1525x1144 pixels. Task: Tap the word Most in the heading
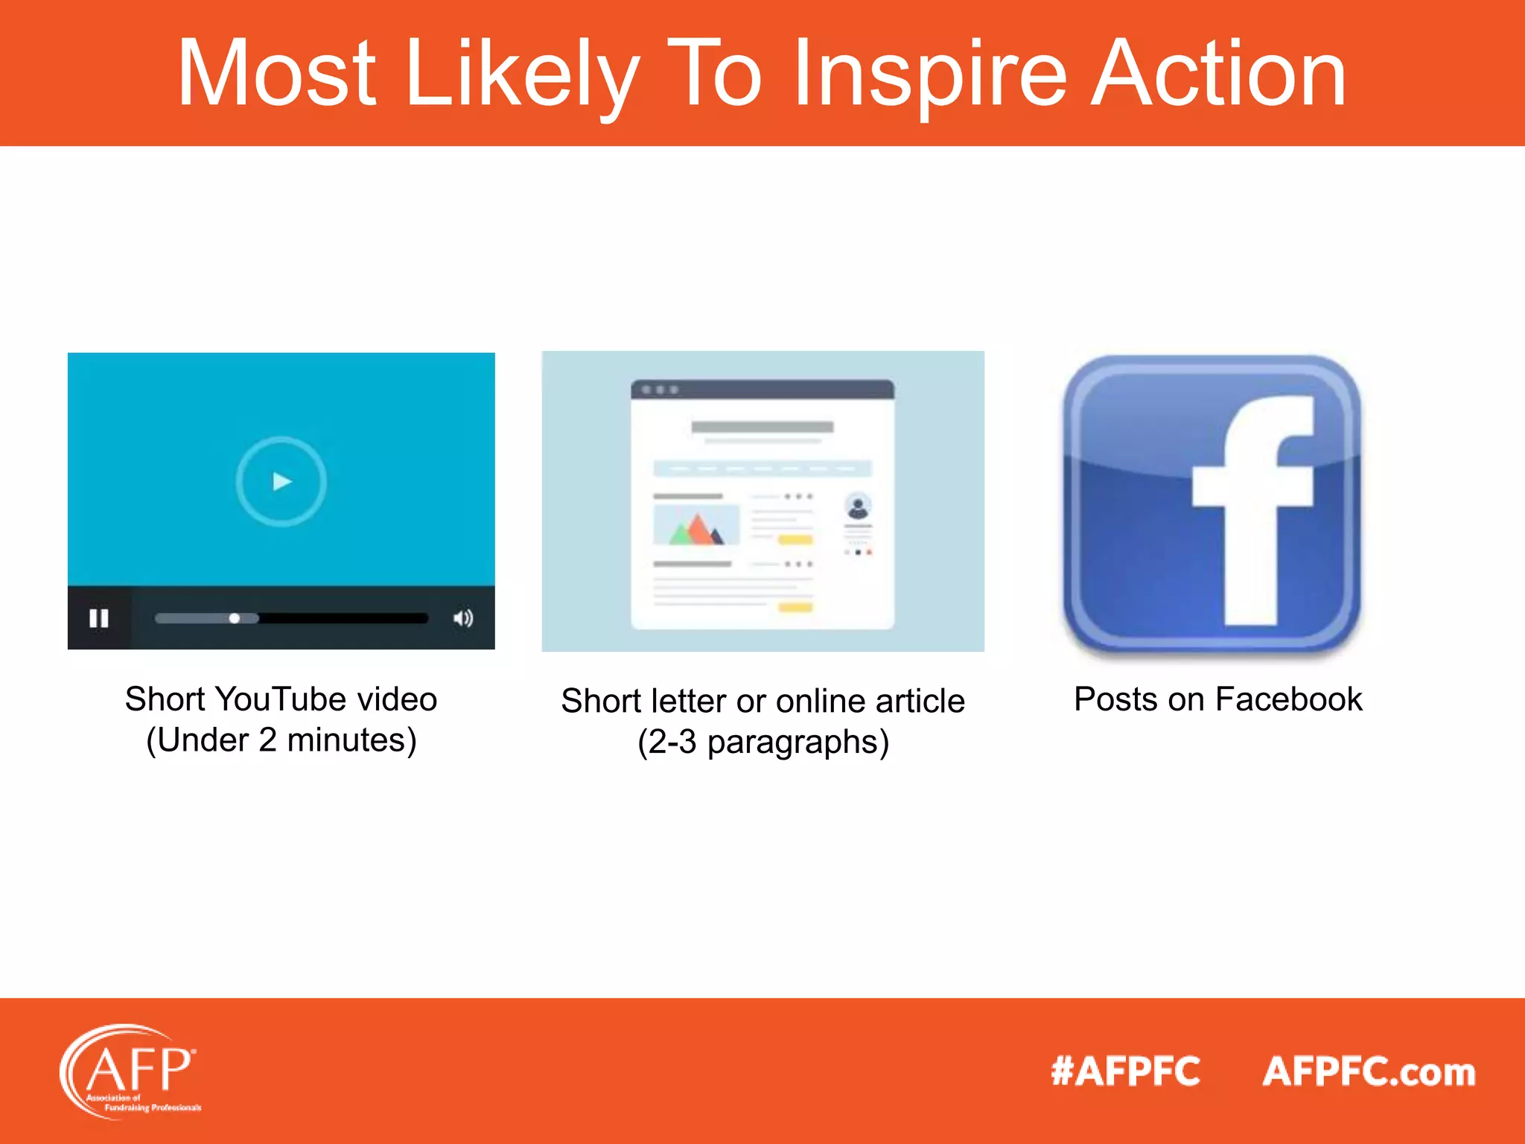click(276, 74)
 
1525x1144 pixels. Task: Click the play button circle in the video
click(281, 481)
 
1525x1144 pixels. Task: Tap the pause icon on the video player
click(99, 618)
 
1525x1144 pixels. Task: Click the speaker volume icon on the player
click(463, 618)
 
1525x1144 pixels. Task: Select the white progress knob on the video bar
click(235, 618)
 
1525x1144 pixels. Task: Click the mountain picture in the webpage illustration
click(696, 525)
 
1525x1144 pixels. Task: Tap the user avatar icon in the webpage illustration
click(858, 507)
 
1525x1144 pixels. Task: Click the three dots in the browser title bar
click(660, 390)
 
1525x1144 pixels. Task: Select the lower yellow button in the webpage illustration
click(795, 608)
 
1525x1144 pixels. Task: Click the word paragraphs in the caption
click(797, 743)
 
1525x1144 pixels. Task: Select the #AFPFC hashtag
click(1125, 1072)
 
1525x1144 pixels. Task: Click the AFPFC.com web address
click(1369, 1072)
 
